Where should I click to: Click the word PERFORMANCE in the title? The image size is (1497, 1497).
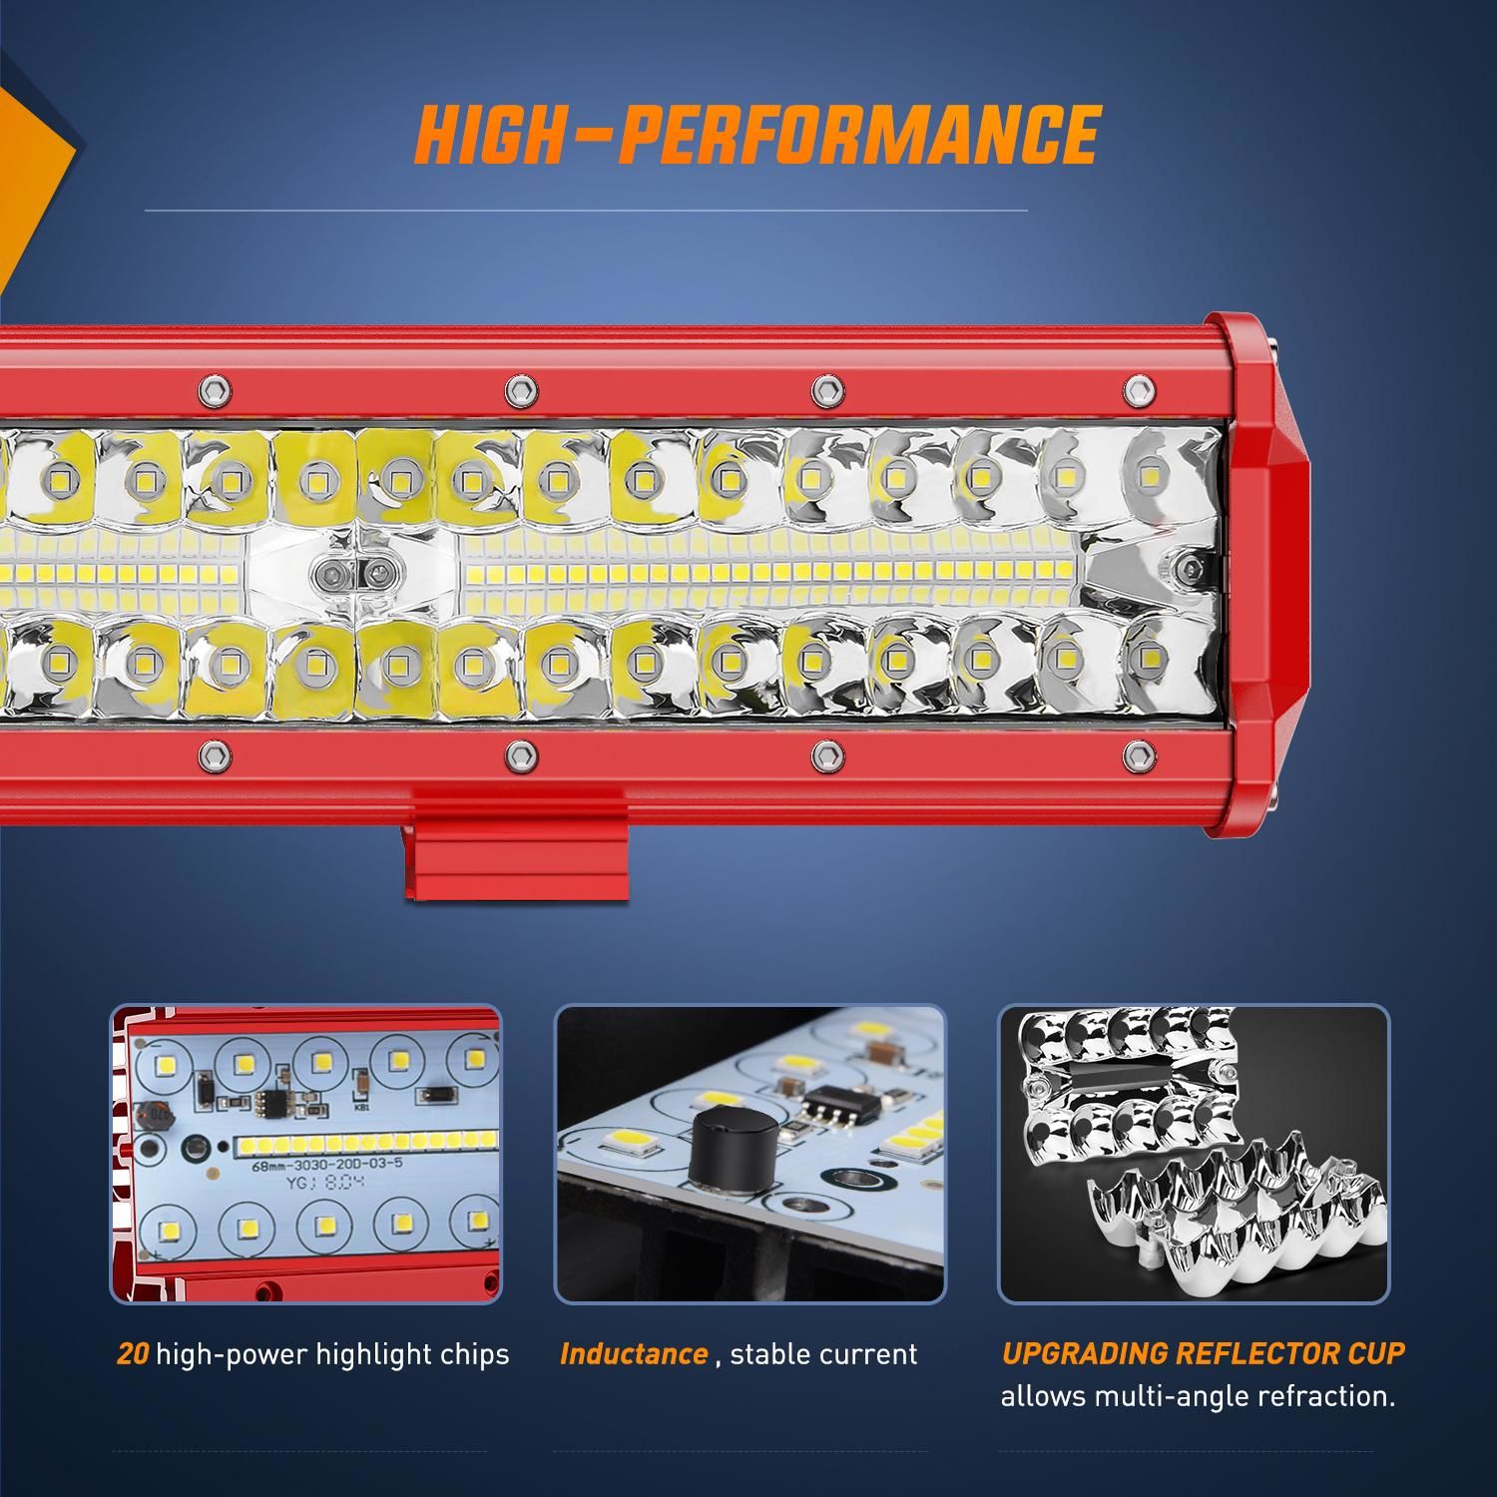857,134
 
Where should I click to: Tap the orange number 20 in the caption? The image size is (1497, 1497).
133,1354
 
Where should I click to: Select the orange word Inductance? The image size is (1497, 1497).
634,1354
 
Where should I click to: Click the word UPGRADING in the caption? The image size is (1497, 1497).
1085,1353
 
